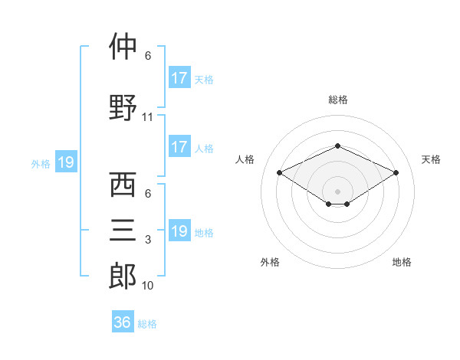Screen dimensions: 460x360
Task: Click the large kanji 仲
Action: point(123,46)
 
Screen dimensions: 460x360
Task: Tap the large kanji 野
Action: point(123,107)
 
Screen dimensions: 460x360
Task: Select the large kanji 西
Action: point(123,185)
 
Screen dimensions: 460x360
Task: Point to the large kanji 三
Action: point(123,230)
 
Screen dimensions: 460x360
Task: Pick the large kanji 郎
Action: point(123,276)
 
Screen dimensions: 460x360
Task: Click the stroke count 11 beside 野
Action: point(147,117)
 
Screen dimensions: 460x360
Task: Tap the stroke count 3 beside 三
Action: point(148,240)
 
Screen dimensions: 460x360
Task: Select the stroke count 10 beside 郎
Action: point(147,285)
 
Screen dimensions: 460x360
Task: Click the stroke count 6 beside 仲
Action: point(148,56)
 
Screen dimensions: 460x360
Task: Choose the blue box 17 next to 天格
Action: point(179,77)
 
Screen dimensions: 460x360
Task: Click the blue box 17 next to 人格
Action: point(179,146)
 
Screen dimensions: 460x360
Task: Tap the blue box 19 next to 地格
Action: point(179,230)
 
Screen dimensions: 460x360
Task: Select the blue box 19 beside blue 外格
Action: point(66,162)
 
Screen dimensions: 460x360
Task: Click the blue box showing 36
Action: point(123,321)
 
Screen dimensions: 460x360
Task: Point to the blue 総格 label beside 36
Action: point(147,324)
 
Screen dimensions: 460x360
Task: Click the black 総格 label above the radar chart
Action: point(338,100)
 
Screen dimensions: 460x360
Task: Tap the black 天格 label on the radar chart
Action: point(431,159)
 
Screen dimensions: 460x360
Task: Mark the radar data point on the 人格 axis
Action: point(280,172)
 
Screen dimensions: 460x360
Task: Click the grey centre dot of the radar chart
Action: point(337,191)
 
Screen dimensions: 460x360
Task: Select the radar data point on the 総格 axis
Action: point(337,146)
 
